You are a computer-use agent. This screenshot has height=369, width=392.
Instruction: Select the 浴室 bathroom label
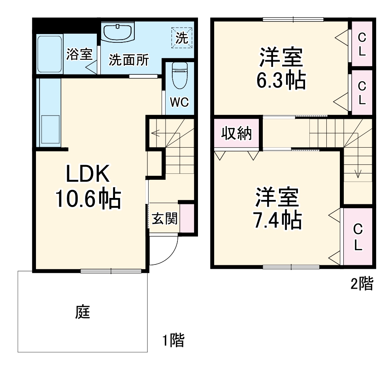pos(79,54)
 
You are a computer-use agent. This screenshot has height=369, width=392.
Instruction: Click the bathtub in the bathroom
pos(50,54)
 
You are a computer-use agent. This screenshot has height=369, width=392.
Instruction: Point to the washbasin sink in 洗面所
pos(118,32)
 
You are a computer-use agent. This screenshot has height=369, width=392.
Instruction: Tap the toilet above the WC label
pos(179,75)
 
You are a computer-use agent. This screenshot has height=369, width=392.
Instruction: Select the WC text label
pos(179,102)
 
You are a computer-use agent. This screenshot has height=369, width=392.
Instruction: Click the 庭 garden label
pos(83,312)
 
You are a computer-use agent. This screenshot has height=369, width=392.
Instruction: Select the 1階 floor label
pos(173,340)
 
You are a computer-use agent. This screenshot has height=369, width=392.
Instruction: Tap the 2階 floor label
pos(362,283)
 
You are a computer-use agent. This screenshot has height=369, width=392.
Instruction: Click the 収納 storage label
pos(236,134)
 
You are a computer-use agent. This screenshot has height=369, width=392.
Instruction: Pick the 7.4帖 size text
pos(277,220)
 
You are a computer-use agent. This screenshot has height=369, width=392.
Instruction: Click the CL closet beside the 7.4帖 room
pos(358,237)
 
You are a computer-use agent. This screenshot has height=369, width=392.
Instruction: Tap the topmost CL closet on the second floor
pos(362,44)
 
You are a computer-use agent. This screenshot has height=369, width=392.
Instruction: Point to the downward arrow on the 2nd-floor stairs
pos(358,173)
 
